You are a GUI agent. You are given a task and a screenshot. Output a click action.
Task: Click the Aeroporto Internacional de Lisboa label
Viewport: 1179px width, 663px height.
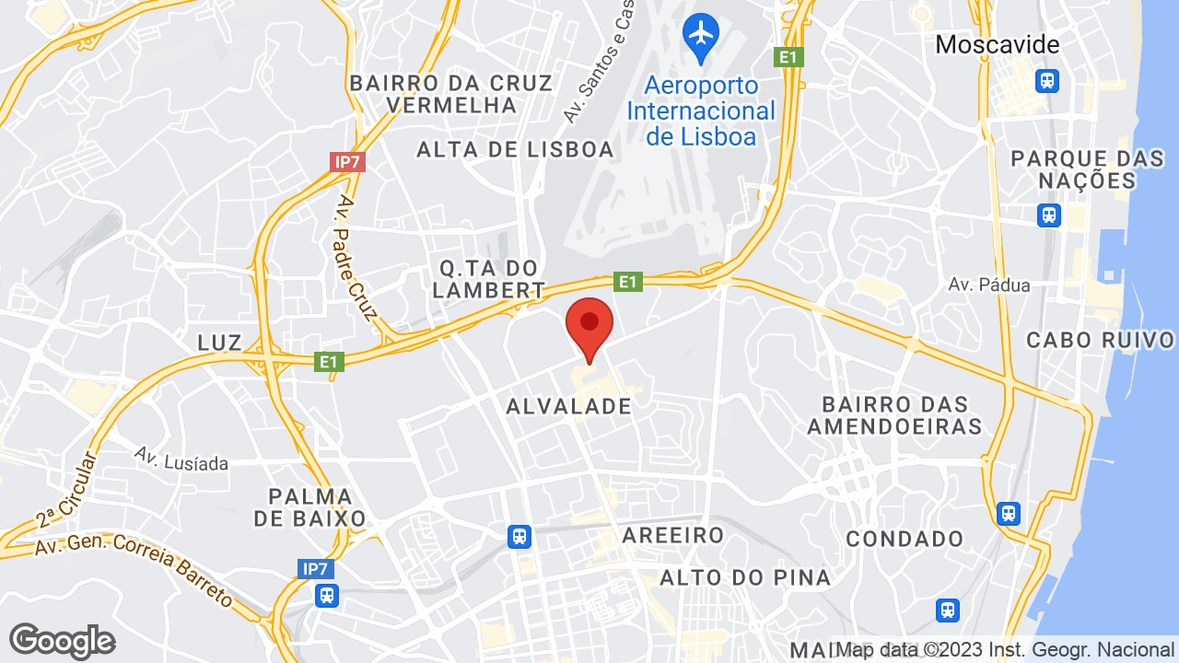701,110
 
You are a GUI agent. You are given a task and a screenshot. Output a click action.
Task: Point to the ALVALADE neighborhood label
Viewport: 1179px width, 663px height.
569,406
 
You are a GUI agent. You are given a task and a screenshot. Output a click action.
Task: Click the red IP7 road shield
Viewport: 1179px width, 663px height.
348,162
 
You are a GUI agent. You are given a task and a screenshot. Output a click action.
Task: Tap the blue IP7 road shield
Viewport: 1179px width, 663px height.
315,569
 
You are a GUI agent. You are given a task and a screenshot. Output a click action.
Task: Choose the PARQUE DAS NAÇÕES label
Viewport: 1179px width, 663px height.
1087,169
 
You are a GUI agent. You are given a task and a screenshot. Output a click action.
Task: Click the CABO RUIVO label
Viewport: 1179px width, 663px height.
1102,340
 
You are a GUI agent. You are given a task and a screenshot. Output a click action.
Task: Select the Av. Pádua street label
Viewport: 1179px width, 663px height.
989,285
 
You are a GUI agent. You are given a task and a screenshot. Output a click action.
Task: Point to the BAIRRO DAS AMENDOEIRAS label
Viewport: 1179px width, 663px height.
895,415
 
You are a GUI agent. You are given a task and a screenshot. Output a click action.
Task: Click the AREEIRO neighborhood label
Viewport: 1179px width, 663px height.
673,535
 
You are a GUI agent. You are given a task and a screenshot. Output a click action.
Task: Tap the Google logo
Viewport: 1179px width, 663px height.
62,641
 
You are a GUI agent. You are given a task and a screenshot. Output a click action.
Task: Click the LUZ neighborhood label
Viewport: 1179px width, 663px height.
219,343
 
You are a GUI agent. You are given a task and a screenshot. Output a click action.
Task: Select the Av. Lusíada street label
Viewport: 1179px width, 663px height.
181,458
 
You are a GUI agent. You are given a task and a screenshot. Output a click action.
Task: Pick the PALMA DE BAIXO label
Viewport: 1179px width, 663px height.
310,507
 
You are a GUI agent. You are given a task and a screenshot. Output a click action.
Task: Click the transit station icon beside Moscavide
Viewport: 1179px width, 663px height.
1047,81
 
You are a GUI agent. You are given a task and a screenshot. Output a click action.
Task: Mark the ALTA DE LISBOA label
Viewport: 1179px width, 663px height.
515,149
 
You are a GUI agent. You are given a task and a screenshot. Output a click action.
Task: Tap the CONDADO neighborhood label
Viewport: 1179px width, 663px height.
905,539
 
